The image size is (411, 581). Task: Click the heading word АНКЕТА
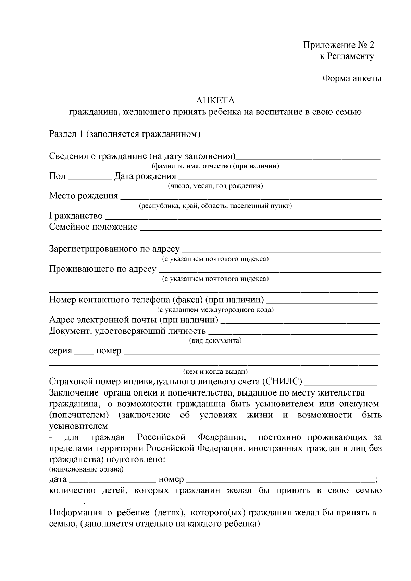215,100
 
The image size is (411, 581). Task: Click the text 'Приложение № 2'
339,45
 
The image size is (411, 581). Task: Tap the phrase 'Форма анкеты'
352,78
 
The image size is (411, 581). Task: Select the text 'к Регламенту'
347,56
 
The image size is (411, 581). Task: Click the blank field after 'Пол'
90,177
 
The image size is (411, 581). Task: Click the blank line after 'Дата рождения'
277,177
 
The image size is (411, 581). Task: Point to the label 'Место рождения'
84,196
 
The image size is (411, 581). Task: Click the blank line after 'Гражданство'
242,217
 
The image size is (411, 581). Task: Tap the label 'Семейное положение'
93,227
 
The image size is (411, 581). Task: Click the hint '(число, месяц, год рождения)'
215,186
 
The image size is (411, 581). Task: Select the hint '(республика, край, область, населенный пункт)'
215,206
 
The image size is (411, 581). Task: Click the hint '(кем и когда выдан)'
215,371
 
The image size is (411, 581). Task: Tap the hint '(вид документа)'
215,341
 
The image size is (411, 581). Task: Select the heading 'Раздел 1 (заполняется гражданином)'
125,134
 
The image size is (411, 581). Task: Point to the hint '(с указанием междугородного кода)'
215,310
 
